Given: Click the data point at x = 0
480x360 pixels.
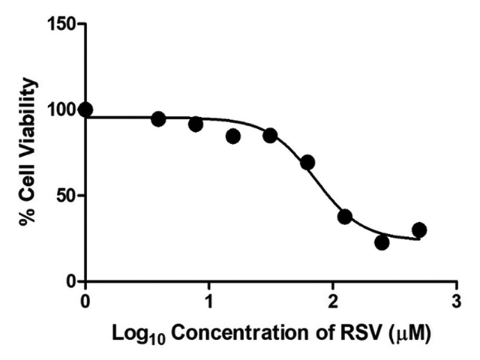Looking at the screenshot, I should click(x=85, y=109).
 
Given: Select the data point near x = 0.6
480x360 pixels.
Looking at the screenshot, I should click(x=158, y=118).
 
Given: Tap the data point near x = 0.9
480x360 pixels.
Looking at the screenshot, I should click(x=196, y=124).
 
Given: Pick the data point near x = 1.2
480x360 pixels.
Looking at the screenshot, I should click(x=232, y=136).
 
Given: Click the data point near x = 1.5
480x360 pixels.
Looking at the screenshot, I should click(x=270, y=136).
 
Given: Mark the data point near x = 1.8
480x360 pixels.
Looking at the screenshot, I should click(x=307, y=163).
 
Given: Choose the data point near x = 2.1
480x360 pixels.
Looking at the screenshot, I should click(x=344, y=217).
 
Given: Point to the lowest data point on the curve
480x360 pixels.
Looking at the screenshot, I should click(x=382, y=242).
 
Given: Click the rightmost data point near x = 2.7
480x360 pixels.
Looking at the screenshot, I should click(x=418, y=229).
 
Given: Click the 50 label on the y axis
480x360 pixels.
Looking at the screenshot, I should click(x=67, y=196).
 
